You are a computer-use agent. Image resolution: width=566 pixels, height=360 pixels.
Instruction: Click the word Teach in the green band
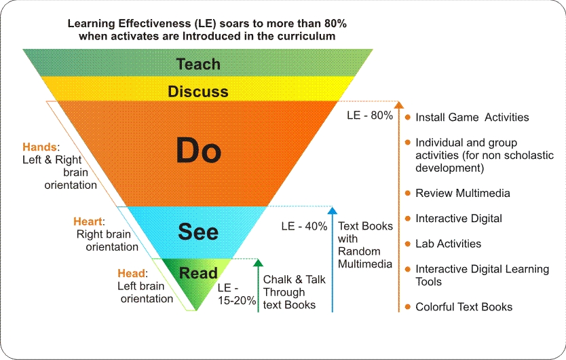pyautogui.click(x=198, y=65)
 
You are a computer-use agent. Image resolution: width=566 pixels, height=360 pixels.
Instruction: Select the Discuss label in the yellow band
pyautogui.click(x=198, y=91)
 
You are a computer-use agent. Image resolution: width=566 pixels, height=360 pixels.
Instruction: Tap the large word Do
pyautogui.click(x=199, y=151)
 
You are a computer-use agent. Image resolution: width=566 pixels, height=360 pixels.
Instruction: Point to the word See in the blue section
pyautogui.click(x=198, y=232)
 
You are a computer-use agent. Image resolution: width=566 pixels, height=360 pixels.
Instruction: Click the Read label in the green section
pyautogui.click(x=197, y=273)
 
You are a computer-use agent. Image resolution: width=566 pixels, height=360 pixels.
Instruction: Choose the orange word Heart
pyautogui.click(x=88, y=221)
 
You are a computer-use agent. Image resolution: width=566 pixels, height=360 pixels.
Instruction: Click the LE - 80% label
pyautogui.click(x=369, y=115)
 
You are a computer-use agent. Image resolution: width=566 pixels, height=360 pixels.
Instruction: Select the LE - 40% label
pyautogui.click(x=304, y=226)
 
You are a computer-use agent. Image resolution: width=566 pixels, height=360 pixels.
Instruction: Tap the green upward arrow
pyautogui.click(x=259, y=285)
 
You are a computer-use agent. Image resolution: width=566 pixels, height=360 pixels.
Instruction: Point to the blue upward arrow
pyautogui.click(x=333, y=258)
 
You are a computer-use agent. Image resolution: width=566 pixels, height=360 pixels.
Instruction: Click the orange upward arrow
pyautogui.click(x=399, y=204)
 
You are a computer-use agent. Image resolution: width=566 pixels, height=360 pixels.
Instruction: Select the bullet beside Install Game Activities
pyautogui.click(x=407, y=117)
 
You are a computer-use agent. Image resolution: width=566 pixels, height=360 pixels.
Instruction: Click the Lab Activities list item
pyautogui.click(x=448, y=244)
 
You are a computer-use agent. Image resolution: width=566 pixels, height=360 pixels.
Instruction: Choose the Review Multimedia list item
pyautogui.click(x=462, y=194)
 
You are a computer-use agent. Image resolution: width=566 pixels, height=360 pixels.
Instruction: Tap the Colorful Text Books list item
pyautogui.click(x=464, y=307)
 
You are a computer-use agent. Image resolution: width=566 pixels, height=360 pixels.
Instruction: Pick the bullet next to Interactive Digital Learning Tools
pyautogui.click(x=407, y=269)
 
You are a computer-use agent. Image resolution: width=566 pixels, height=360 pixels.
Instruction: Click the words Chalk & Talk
pyautogui.click(x=294, y=280)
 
